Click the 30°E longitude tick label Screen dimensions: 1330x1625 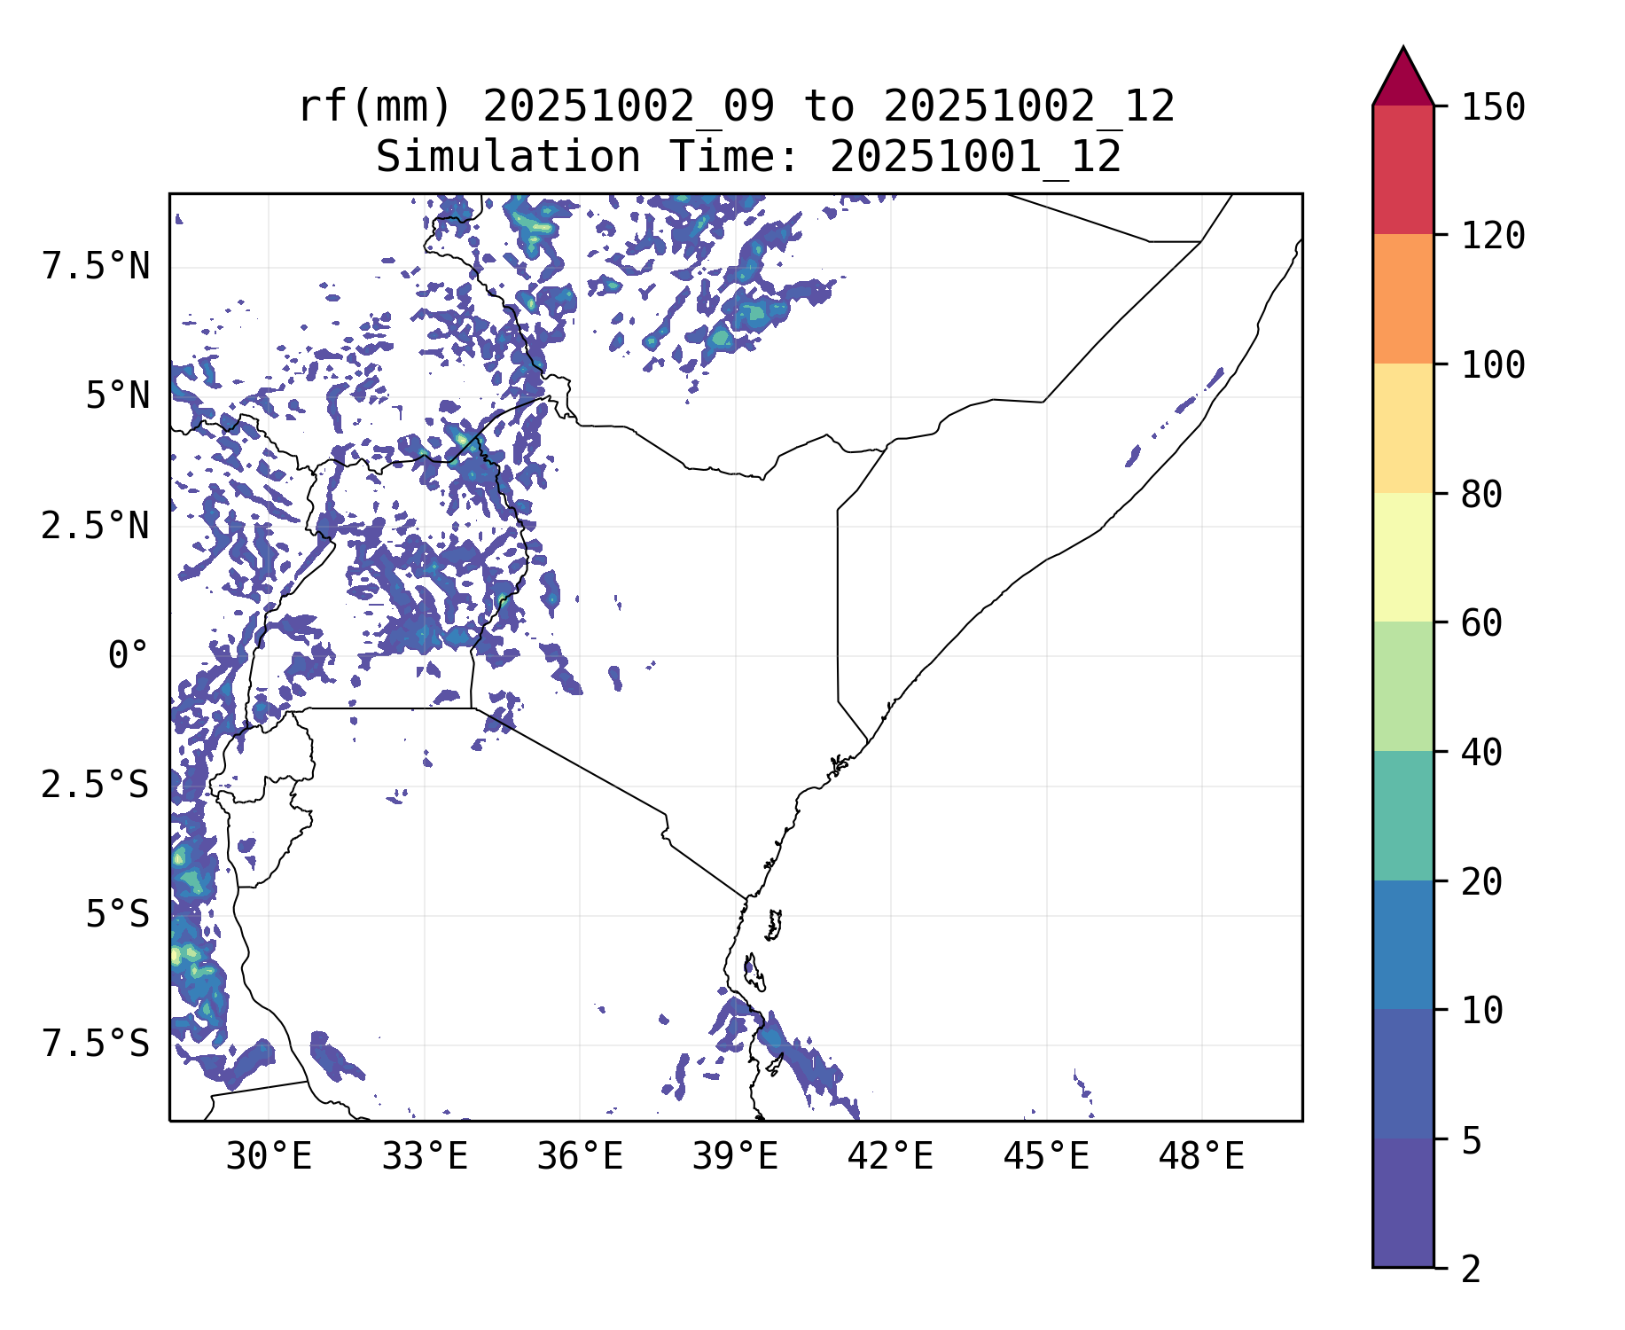click(269, 1157)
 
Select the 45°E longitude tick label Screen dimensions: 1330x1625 click(1046, 1157)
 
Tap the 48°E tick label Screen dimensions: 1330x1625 click(1201, 1157)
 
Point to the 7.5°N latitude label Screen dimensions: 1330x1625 click(96, 267)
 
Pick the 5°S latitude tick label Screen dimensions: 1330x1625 click(117, 916)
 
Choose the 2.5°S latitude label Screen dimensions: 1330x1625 click(96, 786)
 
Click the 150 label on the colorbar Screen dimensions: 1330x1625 click(1493, 108)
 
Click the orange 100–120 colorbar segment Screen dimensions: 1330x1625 click(1402, 299)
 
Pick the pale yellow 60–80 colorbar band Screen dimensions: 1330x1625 click(1402, 557)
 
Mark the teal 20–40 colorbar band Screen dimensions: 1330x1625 click(1402, 816)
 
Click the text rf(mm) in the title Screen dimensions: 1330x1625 click(375, 107)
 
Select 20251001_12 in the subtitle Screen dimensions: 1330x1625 click(975, 158)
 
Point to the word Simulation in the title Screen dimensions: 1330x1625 click(508, 158)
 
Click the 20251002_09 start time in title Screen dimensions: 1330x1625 click(629, 107)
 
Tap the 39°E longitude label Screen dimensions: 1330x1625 click(735, 1157)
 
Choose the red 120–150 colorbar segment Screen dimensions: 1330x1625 click(1402, 169)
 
